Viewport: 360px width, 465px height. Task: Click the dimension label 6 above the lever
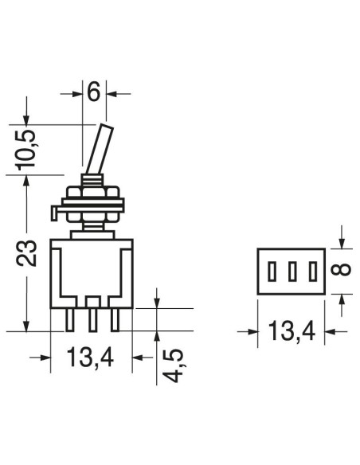pos(94,92)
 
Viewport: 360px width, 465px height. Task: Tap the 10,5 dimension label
pos(26,150)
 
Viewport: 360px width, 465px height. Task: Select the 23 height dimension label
pos(26,252)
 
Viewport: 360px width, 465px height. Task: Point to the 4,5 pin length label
pos(174,365)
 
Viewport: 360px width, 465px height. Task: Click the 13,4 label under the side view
pos(91,358)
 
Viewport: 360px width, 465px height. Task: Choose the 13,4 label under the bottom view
pos(292,331)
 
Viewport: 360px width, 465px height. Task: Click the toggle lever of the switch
pos(99,149)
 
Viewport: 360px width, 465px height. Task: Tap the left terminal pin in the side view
pos(69,320)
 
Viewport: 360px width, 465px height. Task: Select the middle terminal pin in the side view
pos(93,320)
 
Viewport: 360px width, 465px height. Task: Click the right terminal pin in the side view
pos(115,320)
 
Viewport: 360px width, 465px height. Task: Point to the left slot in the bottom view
pos(272,272)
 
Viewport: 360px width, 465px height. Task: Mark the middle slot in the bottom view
pos(292,272)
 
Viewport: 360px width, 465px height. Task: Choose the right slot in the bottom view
pos(312,272)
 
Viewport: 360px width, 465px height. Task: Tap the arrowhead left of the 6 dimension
pos(76,94)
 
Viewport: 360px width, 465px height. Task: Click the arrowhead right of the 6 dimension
pos(112,94)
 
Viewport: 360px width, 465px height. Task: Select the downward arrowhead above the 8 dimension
pos(342,243)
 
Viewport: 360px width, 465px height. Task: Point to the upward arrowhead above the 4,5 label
pos(157,337)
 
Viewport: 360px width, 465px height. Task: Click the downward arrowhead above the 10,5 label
pos(26,119)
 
